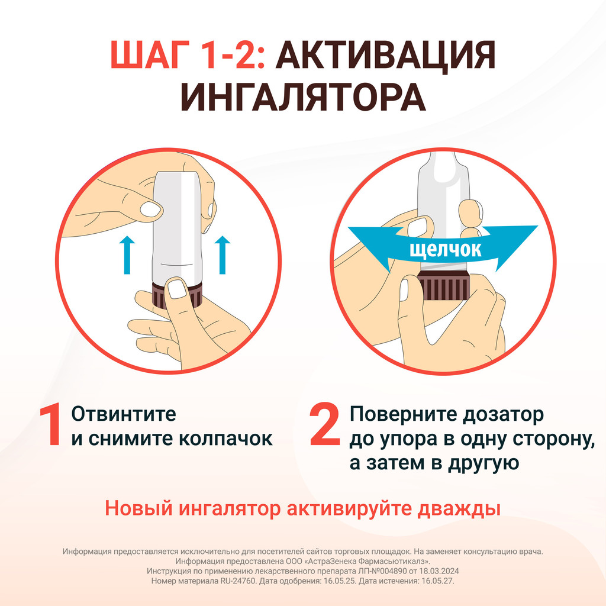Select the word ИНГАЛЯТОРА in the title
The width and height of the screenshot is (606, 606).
tap(303, 98)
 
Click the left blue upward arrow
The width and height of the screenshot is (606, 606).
tap(127, 255)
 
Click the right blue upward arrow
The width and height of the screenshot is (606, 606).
tap(223, 255)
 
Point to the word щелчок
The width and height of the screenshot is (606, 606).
tap(446, 250)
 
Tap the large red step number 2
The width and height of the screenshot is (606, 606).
tap(325, 424)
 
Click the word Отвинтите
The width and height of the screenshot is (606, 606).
tap(124, 414)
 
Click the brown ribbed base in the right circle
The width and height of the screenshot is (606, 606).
tap(444, 286)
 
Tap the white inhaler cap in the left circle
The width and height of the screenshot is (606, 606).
tap(178, 228)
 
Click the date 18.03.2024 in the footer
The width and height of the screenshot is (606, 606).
tap(440, 571)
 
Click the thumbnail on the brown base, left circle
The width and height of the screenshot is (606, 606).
tap(178, 289)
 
